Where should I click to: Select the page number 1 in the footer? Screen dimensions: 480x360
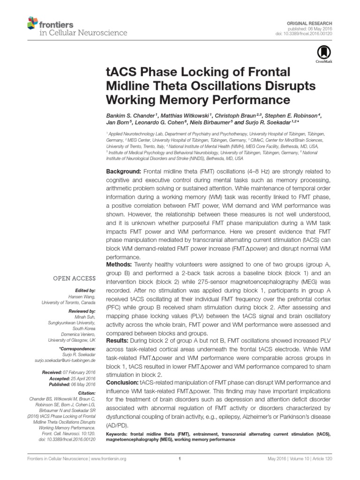coord(180,459)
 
